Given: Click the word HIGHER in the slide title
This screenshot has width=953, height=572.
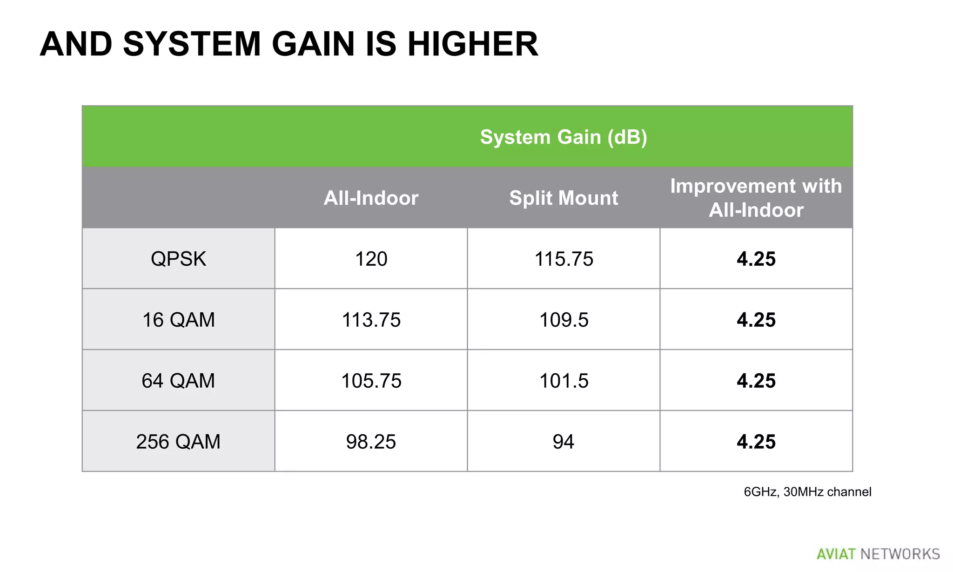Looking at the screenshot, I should pos(473,44).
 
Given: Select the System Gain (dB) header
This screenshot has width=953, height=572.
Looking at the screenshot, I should pos(563,137).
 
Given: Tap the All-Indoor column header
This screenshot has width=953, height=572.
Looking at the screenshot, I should pos(371,198).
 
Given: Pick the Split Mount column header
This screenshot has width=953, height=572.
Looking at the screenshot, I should pos(564,198).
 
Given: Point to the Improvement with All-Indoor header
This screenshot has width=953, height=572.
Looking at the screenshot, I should pos(756,198).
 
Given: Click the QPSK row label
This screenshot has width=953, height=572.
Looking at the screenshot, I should pos(178,259).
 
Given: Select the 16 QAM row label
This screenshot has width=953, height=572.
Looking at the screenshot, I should pos(178,320).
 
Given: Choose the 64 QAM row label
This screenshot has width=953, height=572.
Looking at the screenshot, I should pos(178,381).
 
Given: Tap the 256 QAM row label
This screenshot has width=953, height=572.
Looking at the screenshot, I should pos(178,442).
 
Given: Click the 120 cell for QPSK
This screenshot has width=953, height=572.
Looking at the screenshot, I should pos(371,259).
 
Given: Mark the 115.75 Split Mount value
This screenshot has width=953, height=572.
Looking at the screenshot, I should pos(564,259).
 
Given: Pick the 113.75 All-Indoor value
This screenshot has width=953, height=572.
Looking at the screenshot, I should pos(371,320).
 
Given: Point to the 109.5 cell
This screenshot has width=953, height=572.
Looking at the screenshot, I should pos(564,320).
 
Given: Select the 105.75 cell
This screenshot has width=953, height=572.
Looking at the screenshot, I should pos(371,381).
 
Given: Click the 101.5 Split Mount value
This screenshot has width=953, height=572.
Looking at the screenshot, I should pos(564,381).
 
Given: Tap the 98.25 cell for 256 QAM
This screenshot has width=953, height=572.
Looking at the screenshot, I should pos(371,442).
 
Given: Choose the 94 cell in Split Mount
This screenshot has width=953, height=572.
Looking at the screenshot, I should pos(564,442).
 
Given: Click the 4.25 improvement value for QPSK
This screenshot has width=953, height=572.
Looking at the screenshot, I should pos(756,259).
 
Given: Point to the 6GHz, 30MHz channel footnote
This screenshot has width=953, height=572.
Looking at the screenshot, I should pos(807,492).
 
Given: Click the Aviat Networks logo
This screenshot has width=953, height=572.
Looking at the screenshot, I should pos(878,554).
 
